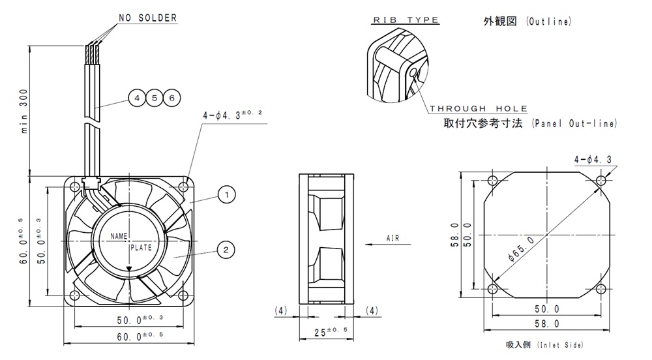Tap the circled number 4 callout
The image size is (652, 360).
coord(137,98)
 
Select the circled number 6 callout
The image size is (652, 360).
coord(171,98)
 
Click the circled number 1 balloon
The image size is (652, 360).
coord(226,194)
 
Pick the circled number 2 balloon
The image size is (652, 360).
coord(226,248)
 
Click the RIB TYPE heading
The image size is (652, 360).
coord(405,20)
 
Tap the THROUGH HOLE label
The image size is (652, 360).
coord(479,108)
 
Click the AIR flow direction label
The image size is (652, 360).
coord(393,239)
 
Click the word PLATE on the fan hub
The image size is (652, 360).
coord(140,248)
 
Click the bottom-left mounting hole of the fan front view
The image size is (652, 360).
coord(75,295)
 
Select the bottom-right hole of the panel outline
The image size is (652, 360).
coord(600,288)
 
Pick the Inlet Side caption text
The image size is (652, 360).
coord(544,344)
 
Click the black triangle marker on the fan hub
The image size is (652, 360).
coord(129,268)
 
